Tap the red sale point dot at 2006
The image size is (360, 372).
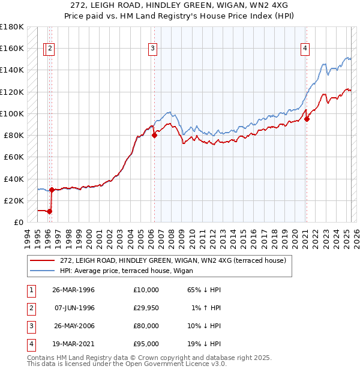coord(154,135)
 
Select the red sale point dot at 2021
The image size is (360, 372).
coord(307,119)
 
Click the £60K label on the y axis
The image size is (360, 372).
coord(14,157)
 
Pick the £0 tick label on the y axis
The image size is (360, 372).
coord(19,222)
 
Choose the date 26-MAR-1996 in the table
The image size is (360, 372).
coord(73,290)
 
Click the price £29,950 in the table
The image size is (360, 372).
coord(145,308)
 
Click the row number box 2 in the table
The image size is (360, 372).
coord(29,308)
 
